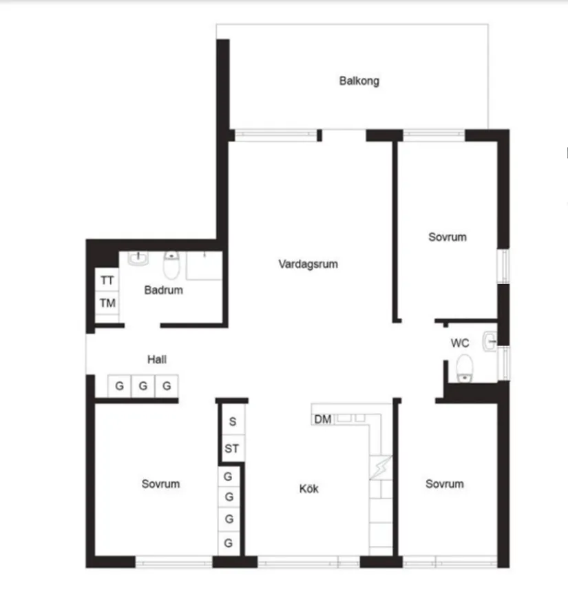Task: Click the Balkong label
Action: pos(359,81)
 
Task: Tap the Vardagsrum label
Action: pos(308,263)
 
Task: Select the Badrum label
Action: pos(163,290)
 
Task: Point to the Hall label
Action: pos(156,359)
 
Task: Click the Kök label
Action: pos(308,489)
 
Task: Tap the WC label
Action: pos(459,343)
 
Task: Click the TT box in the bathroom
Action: pos(107,281)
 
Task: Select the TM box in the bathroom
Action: pos(107,303)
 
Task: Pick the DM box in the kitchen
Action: pos(322,419)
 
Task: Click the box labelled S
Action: pos(232,421)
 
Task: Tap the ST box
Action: pos(232,449)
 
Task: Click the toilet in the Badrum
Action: pos(171,264)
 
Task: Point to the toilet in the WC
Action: pos(465,367)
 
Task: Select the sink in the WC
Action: pos(490,339)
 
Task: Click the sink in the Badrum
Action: pos(138,259)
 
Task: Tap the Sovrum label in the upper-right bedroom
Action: pos(447,237)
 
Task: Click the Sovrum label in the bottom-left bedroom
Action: pos(160,484)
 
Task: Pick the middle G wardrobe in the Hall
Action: pos(143,386)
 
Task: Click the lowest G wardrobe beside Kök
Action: pos(229,543)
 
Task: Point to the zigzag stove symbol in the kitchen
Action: pos(380,468)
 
